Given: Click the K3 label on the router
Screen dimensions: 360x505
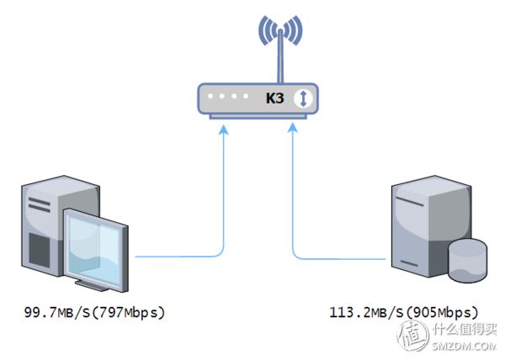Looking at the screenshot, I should click(x=274, y=99).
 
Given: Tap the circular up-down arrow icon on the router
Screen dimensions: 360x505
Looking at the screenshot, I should click(x=304, y=99).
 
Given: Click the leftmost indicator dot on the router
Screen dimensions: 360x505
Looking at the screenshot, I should click(x=210, y=98).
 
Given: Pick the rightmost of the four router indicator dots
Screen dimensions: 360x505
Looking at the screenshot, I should click(x=246, y=98).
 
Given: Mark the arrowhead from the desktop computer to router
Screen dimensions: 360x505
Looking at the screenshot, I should click(x=222, y=129).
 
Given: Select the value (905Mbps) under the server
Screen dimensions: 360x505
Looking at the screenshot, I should click(x=442, y=313).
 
